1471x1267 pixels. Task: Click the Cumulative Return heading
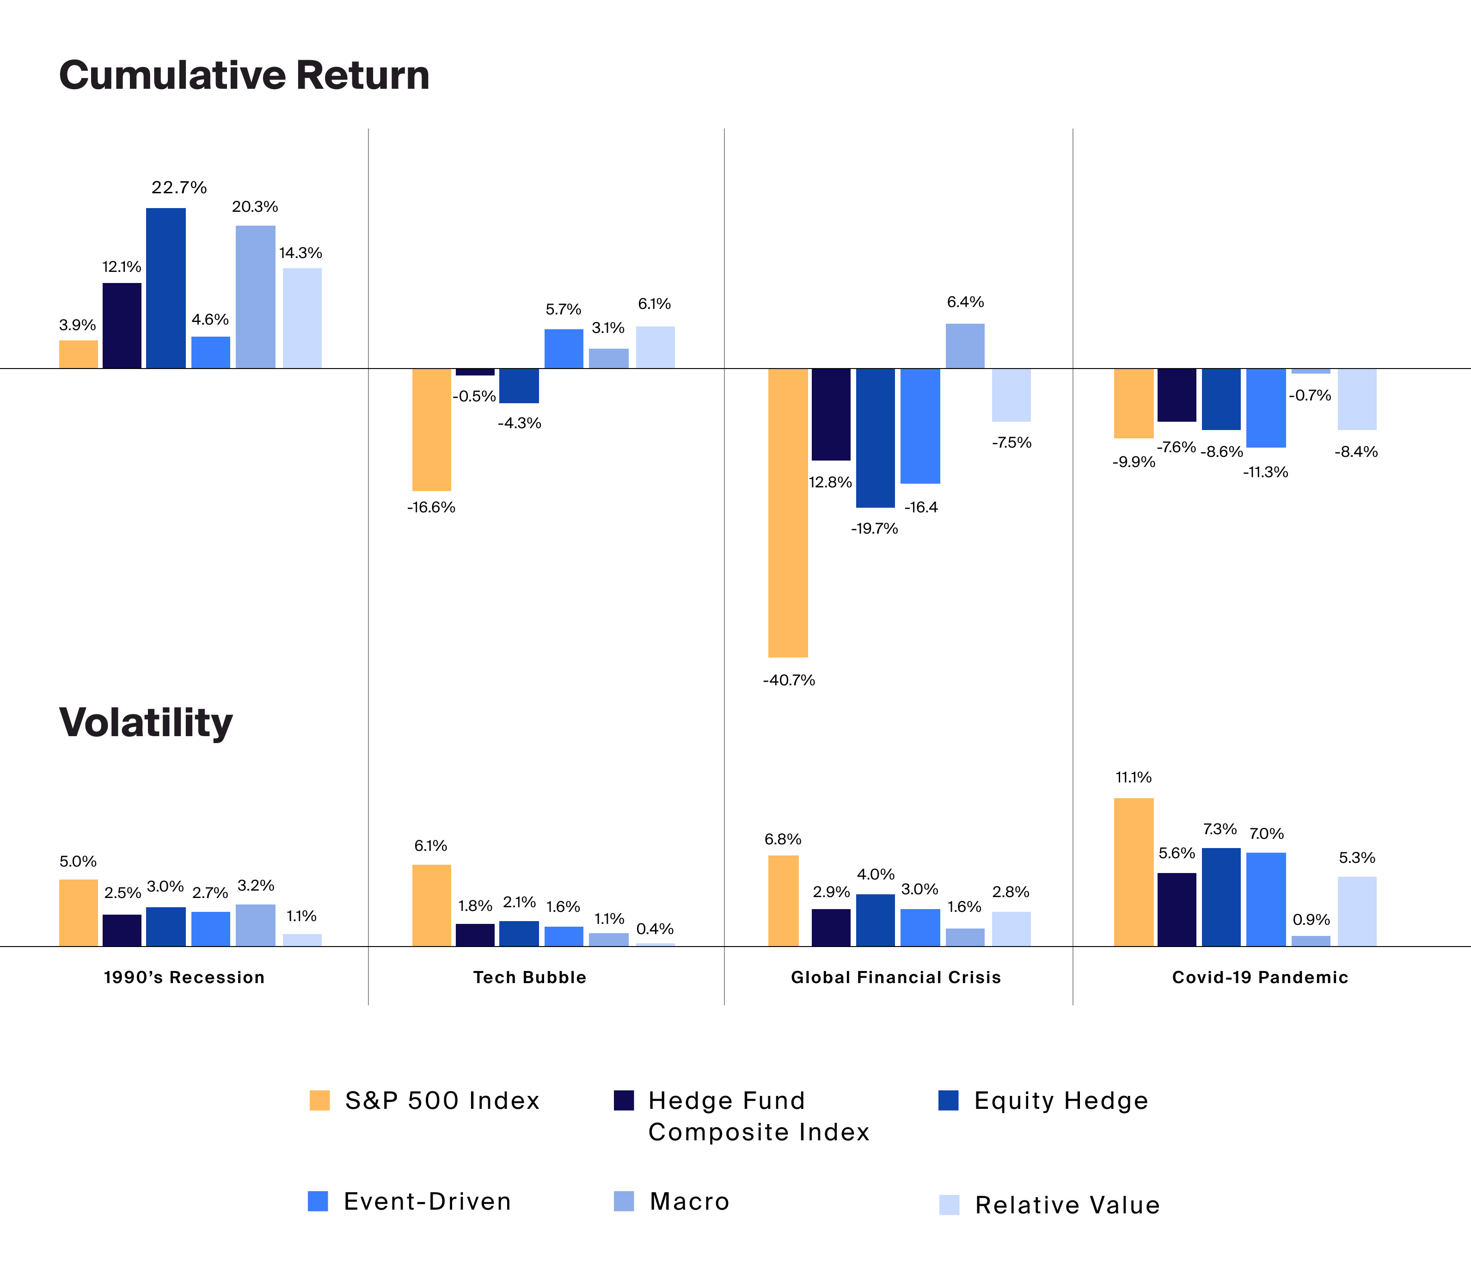click(x=244, y=75)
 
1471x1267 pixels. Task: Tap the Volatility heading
click(x=146, y=723)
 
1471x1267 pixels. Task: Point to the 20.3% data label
click(x=255, y=207)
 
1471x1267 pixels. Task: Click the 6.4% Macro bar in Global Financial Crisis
click(x=964, y=346)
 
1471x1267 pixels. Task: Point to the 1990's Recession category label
click(x=184, y=977)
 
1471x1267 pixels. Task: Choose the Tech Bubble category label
click(x=530, y=977)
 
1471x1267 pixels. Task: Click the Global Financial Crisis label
click(x=895, y=977)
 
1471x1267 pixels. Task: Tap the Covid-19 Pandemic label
click(x=1259, y=977)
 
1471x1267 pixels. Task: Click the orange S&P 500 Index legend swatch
click(x=319, y=1100)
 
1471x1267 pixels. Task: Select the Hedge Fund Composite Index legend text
click(x=758, y=1116)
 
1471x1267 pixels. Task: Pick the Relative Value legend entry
click(x=1066, y=1205)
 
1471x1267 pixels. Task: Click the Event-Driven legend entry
click(x=427, y=1202)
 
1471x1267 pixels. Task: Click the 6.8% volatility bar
click(x=783, y=900)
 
